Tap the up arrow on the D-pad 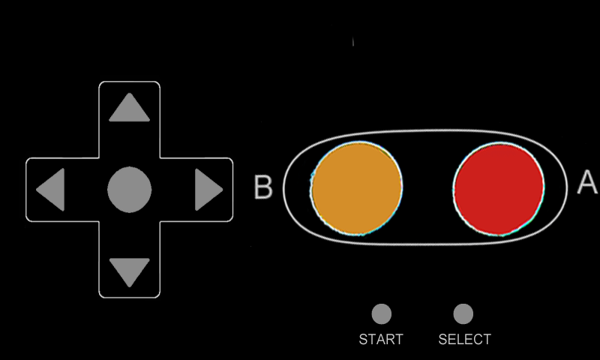(x=129, y=108)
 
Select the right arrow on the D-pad (x=208, y=190)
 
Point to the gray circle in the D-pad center (x=129, y=190)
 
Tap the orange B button (x=357, y=187)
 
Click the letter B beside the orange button (x=263, y=187)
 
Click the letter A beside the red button (x=587, y=183)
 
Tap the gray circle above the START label (x=382, y=313)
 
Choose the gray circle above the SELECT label (x=463, y=313)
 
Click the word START (x=381, y=340)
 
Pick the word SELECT (x=464, y=340)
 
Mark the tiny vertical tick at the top (x=353, y=42)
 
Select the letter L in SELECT (x=458, y=340)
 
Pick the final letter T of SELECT (x=486, y=340)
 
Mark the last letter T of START (x=399, y=340)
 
